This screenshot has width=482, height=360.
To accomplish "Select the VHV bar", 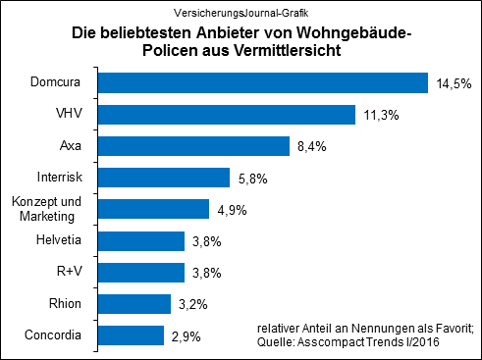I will tap(227, 115).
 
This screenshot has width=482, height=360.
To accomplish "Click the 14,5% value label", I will tap(453, 84).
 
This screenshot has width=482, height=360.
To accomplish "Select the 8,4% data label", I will tap(310, 147).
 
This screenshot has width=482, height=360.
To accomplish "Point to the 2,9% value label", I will tap(186, 336).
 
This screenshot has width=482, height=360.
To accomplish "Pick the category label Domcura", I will tap(56, 83).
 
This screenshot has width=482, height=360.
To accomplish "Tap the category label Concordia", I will tap(53, 335).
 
